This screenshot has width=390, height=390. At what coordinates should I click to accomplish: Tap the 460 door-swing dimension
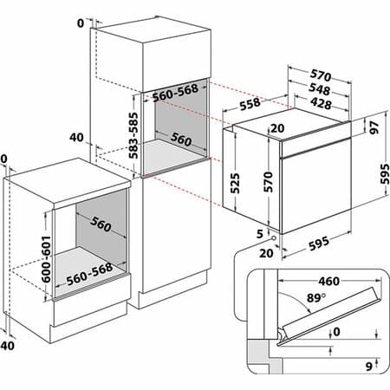pos(328,282)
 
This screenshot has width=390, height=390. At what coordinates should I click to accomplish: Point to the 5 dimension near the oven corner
pos(260,233)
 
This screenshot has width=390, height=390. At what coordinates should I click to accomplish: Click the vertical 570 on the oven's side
pos(269,181)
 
